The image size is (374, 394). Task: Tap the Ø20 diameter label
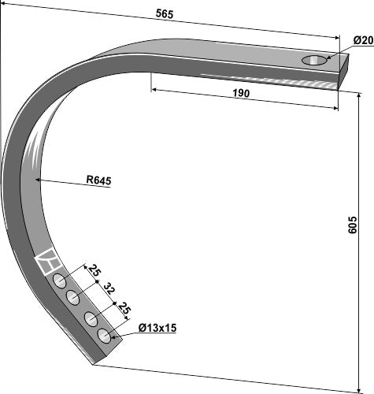(362, 40)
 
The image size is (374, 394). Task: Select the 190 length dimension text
(241, 94)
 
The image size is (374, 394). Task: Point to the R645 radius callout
(98, 180)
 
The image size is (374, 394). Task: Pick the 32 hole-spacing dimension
(109, 289)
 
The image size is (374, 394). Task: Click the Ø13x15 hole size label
(156, 327)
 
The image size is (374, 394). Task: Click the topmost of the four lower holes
(59, 282)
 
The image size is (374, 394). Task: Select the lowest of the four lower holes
(104, 336)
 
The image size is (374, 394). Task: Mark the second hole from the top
(73, 297)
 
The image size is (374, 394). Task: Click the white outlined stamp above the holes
(47, 261)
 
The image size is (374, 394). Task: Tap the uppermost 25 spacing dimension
(95, 273)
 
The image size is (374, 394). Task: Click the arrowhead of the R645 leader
(38, 180)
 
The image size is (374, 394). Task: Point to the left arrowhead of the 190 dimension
(153, 90)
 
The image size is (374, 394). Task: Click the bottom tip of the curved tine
(94, 363)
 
